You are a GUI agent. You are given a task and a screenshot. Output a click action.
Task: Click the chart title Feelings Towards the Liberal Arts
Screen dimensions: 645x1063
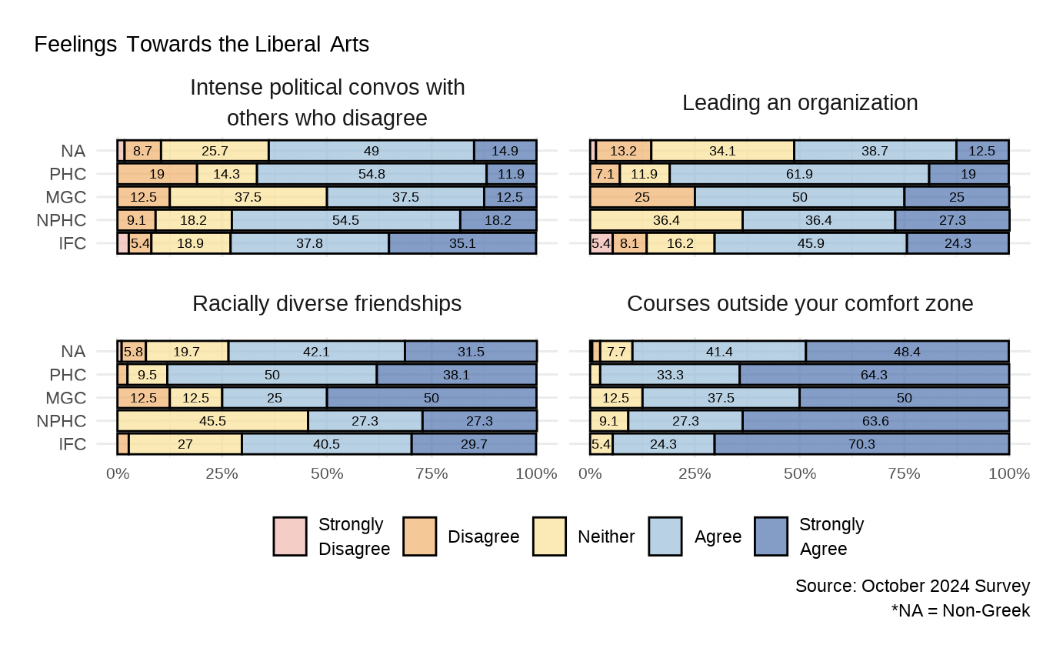click(x=202, y=45)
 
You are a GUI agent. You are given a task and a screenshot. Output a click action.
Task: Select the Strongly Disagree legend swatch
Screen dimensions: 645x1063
click(x=290, y=536)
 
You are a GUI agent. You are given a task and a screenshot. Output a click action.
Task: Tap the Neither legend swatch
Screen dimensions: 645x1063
click(x=550, y=536)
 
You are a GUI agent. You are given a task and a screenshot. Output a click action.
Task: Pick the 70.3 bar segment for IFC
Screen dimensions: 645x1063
click(x=861, y=444)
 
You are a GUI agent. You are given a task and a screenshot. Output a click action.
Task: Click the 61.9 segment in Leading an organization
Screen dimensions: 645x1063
click(x=799, y=173)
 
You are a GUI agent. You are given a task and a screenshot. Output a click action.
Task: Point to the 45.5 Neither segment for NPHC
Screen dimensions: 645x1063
click(x=212, y=421)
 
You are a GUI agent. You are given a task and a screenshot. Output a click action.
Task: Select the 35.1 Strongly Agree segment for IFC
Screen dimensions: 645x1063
click(x=462, y=243)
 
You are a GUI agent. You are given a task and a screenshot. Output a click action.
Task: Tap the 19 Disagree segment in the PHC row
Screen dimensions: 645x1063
click(x=157, y=173)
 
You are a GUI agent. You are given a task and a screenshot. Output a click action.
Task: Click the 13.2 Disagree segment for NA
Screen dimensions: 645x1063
click(x=624, y=150)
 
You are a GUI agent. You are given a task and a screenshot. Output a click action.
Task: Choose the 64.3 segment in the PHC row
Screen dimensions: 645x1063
click(x=874, y=375)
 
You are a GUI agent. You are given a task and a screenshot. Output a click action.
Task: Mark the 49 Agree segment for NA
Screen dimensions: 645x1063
click(x=372, y=150)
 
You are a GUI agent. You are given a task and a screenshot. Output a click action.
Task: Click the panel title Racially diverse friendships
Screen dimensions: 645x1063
click(x=327, y=304)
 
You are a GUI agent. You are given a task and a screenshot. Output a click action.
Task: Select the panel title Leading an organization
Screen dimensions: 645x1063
click(x=800, y=102)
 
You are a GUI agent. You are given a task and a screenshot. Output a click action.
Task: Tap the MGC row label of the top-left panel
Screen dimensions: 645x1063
click(x=72, y=197)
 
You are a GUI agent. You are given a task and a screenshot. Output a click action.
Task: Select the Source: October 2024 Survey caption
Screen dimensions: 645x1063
click(x=912, y=586)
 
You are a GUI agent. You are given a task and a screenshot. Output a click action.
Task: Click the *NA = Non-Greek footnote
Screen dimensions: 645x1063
click(x=960, y=611)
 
